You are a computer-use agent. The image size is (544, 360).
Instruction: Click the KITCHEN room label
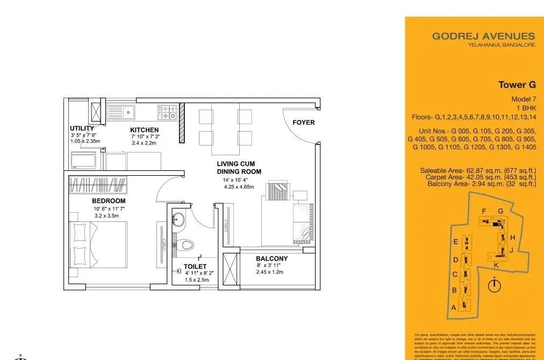pyautogui.click(x=144, y=130)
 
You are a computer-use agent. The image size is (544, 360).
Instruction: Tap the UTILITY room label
pyautogui.click(x=82, y=128)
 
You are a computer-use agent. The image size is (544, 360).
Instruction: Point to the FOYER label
pyautogui.click(x=303, y=123)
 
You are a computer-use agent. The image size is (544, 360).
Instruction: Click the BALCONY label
pyautogui.click(x=271, y=258)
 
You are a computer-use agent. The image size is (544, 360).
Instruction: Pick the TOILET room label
pyautogui.click(x=195, y=266)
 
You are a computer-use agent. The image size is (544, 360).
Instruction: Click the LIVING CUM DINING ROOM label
pyautogui.click(x=239, y=168)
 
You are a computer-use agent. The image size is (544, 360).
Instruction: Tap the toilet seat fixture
pyautogui.click(x=186, y=245)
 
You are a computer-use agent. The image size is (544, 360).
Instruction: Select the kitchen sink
pyautogui.click(x=128, y=112)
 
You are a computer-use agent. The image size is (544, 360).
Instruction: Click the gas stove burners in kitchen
pyautogui.click(x=167, y=112)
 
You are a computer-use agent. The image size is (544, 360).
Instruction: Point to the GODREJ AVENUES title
pyautogui.click(x=483, y=37)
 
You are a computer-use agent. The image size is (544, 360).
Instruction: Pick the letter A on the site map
pyautogui.click(x=454, y=308)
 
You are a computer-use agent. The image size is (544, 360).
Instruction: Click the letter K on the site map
pyautogui.click(x=496, y=265)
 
